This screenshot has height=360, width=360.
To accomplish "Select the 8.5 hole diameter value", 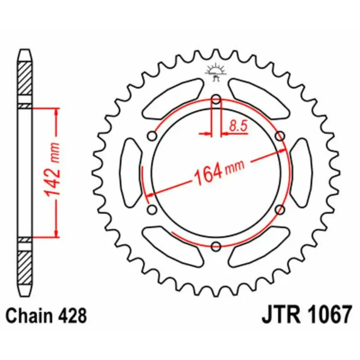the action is click(x=238, y=126).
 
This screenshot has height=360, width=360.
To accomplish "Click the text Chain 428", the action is click(x=46, y=316).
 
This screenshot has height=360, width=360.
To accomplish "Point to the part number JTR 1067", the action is click(x=306, y=314).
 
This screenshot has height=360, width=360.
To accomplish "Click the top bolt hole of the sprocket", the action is click(x=216, y=99).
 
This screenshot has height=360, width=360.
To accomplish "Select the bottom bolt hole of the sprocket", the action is click(x=216, y=246).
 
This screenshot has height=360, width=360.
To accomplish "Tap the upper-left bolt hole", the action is click(x=152, y=136).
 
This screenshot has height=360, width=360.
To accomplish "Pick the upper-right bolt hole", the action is click(x=280, y=136).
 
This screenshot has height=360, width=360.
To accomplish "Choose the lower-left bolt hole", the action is click(x=152, y=210).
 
